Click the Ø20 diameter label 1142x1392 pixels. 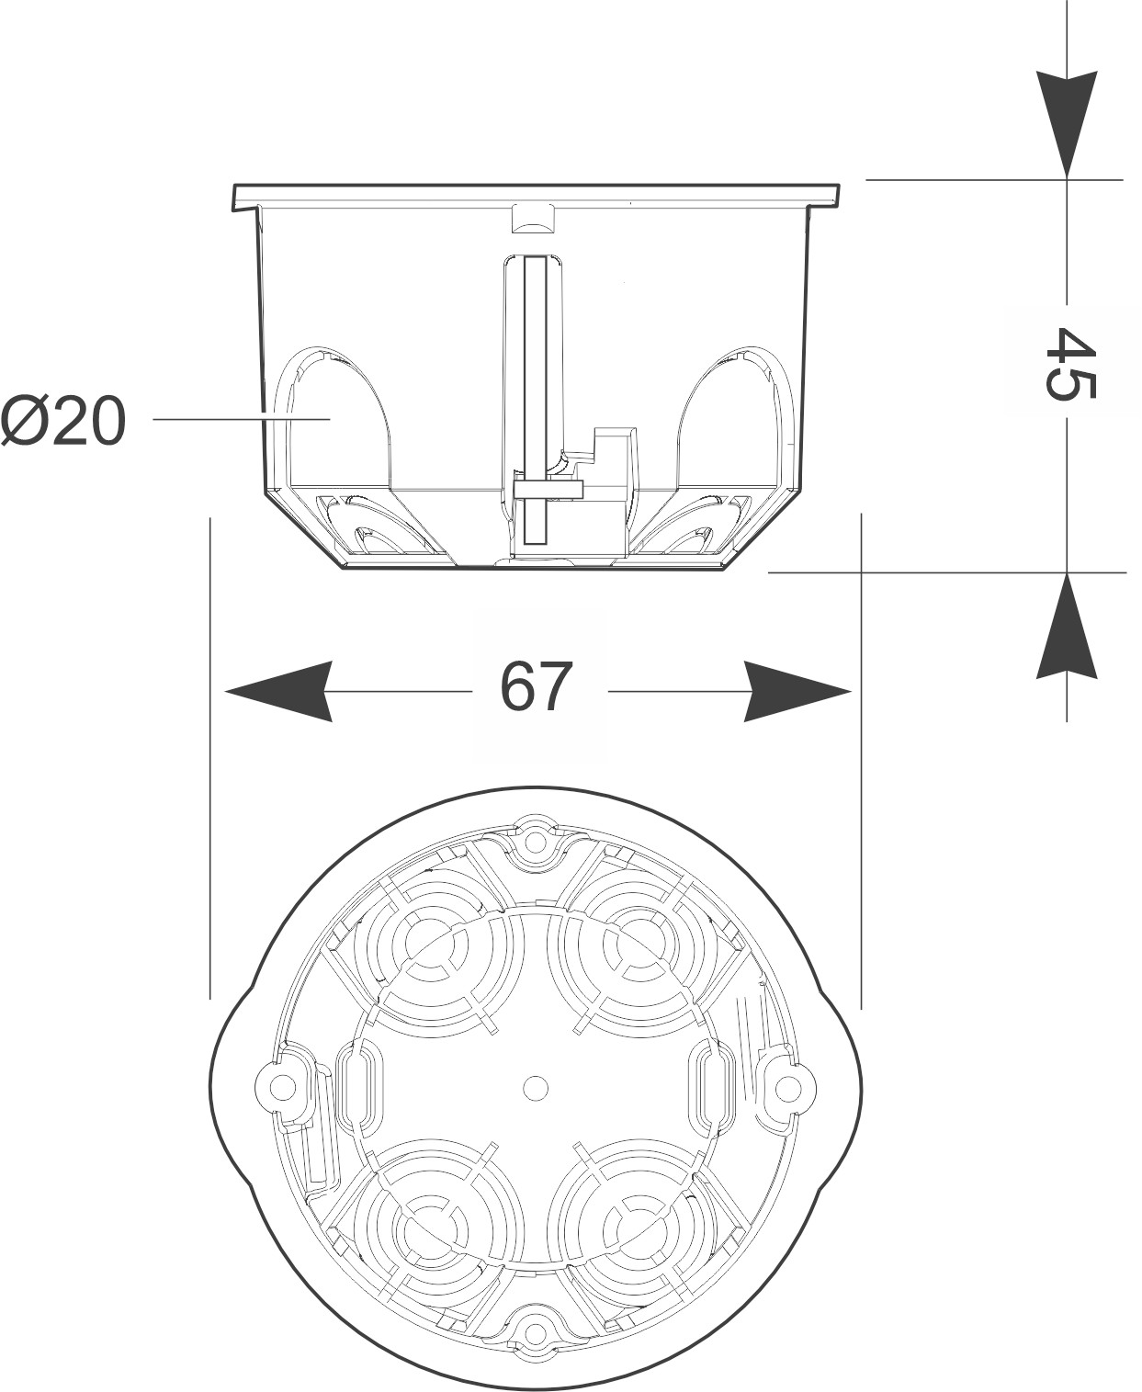[x=62, y=423]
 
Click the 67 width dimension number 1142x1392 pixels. [x=537, y=687]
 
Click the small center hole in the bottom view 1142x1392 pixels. [x=534, y=1088]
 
